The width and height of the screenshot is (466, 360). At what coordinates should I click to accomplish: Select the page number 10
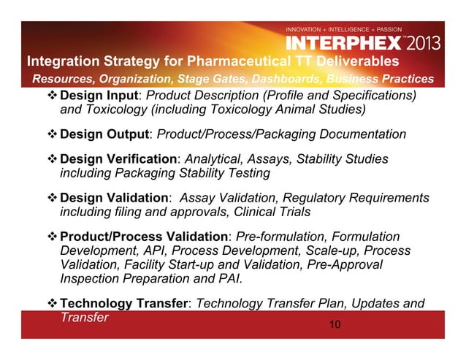(334, 323)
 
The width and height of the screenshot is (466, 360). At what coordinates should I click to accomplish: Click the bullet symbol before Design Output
(52, 134)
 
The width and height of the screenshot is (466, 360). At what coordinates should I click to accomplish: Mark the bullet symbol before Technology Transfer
(52, 304)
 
